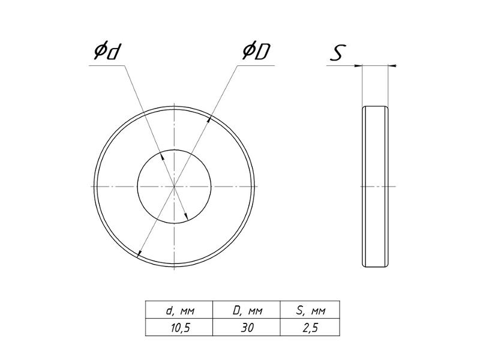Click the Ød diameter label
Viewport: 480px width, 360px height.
pos(106,52)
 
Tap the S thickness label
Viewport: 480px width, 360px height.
pos(338,53)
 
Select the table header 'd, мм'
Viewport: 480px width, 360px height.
pos(179,310)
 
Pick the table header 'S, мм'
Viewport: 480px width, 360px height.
pos(311,310)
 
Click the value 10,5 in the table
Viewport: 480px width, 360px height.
pos(181,328)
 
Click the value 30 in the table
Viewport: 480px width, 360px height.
pos(247,328)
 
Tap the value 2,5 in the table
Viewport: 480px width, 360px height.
pos(310,328)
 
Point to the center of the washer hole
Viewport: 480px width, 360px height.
pos(174,186)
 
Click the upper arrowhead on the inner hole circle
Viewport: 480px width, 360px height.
pos(162,156)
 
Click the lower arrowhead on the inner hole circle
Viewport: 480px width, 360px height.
pos(186,217)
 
